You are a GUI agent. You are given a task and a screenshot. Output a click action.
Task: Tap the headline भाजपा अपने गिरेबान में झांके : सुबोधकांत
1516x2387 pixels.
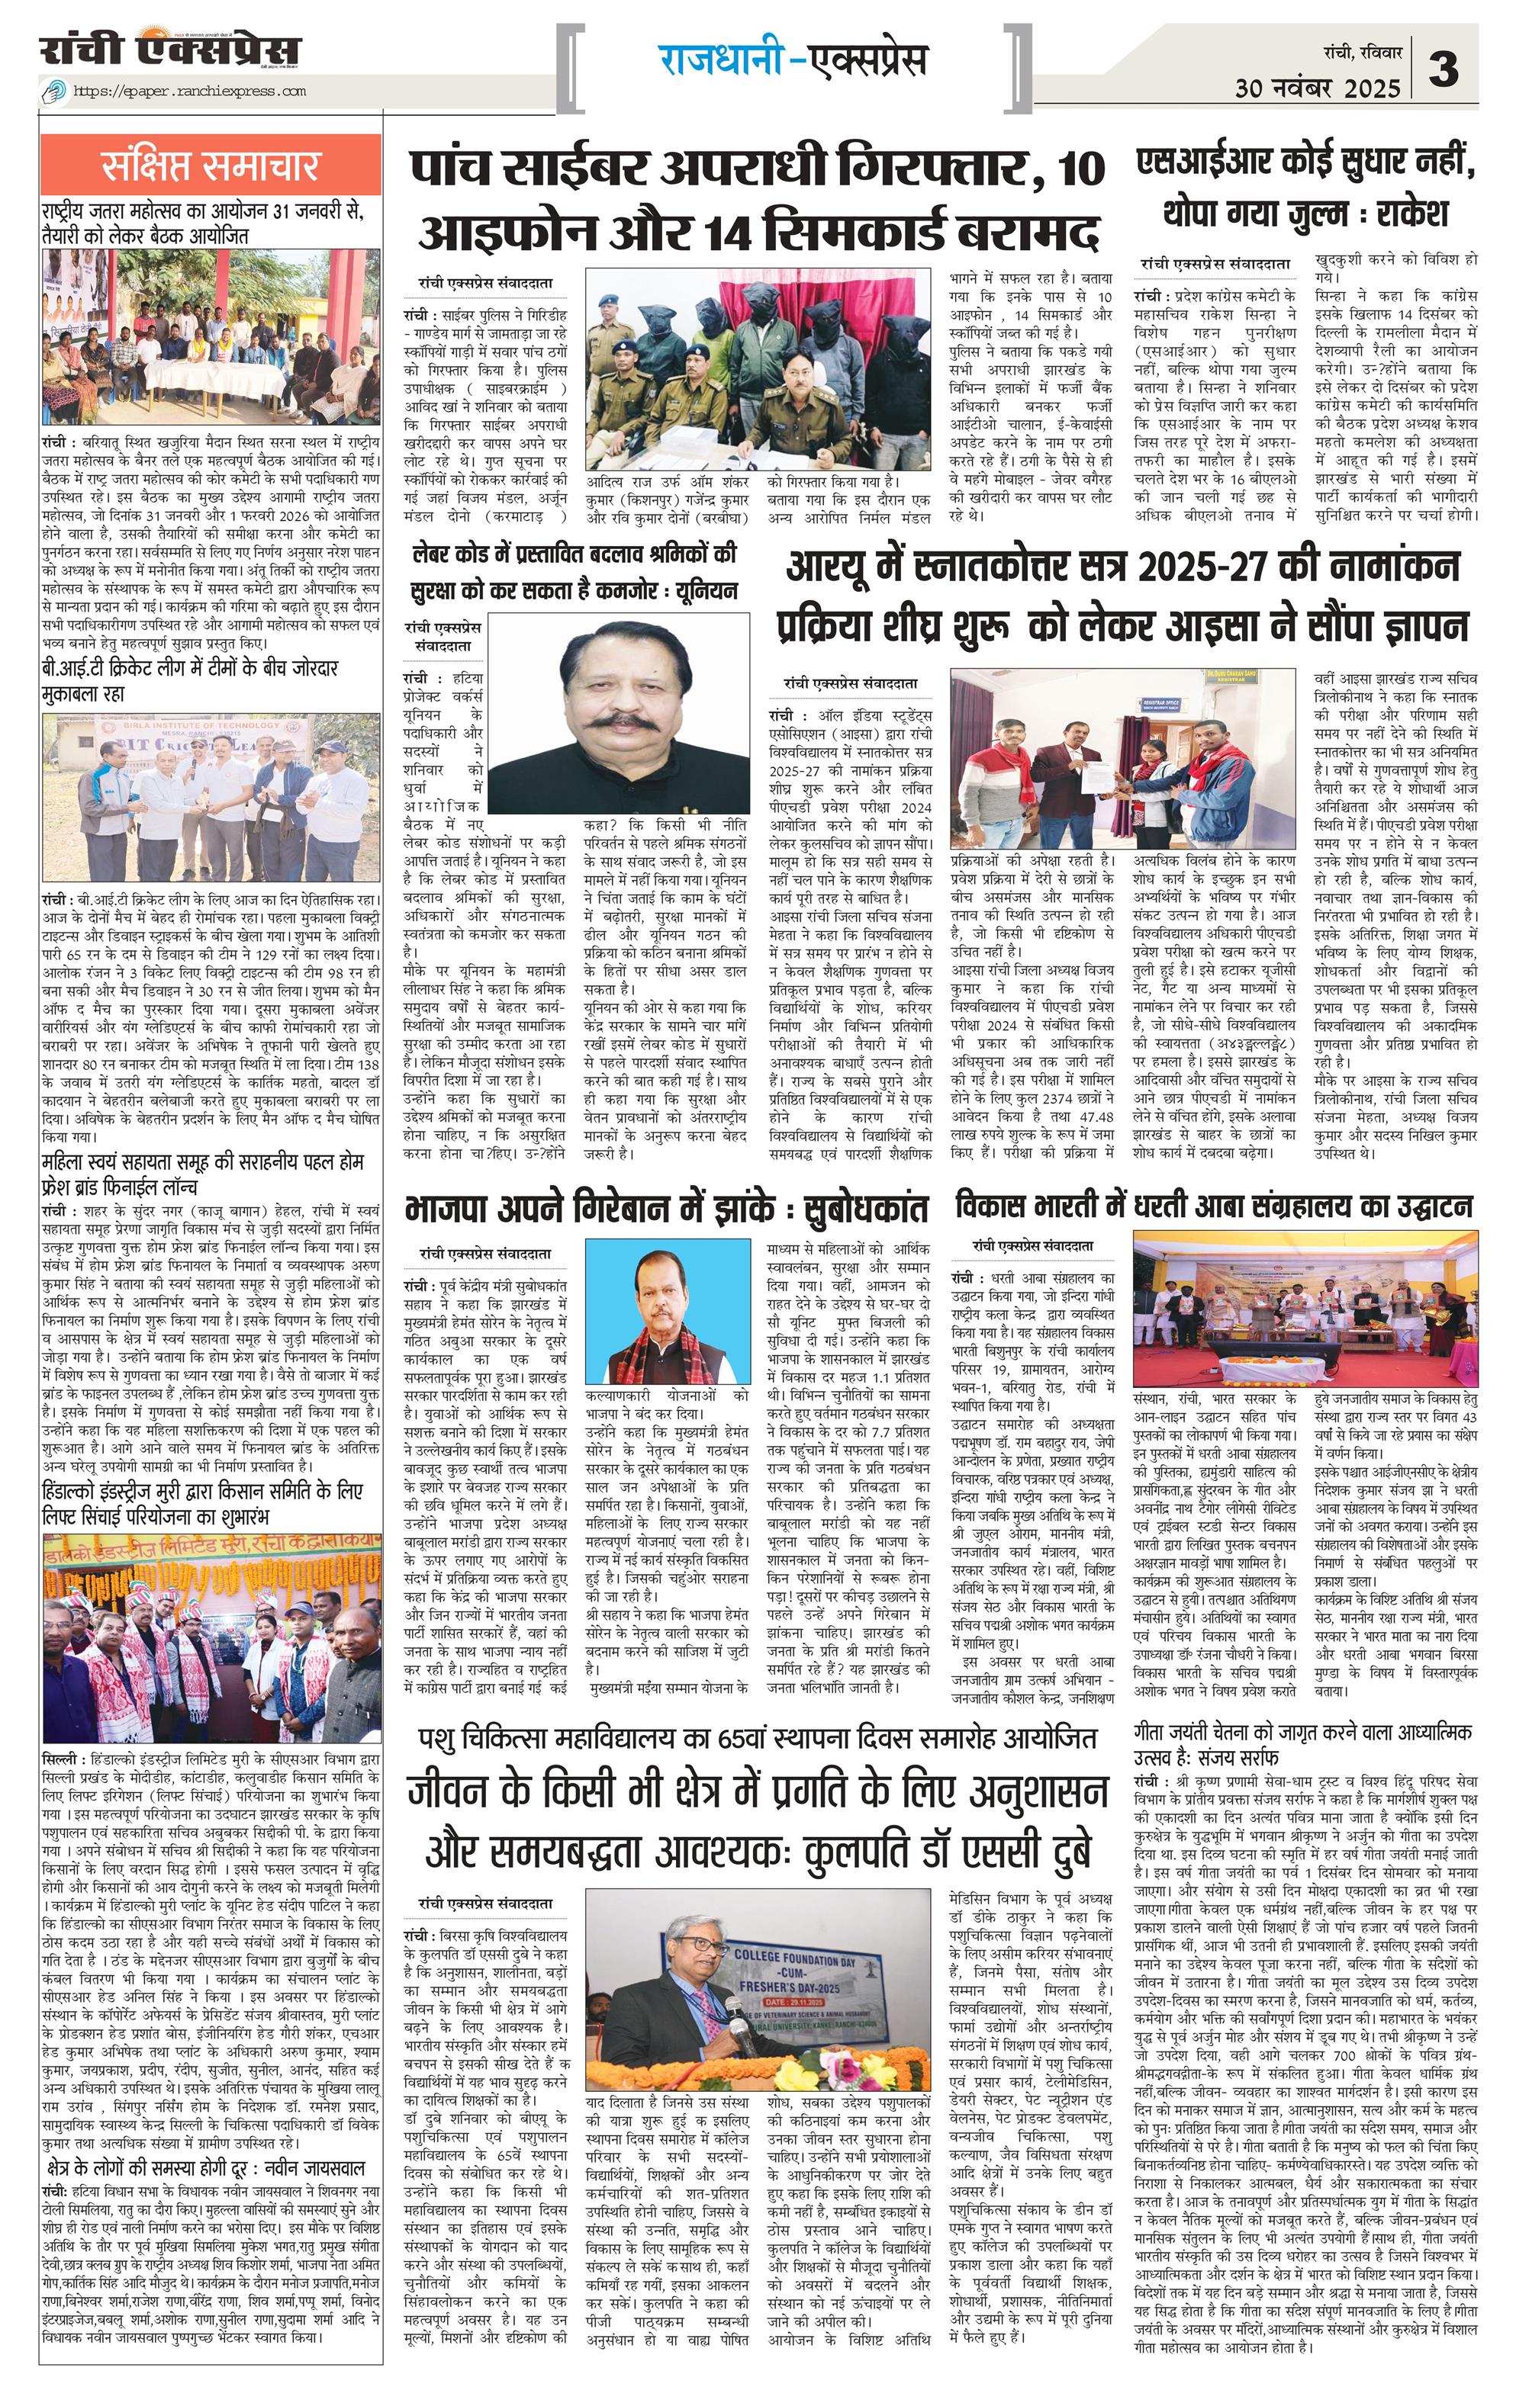[666, 1210]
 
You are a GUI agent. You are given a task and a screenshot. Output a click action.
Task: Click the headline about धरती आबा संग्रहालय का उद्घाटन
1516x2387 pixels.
[1214, 1206]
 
